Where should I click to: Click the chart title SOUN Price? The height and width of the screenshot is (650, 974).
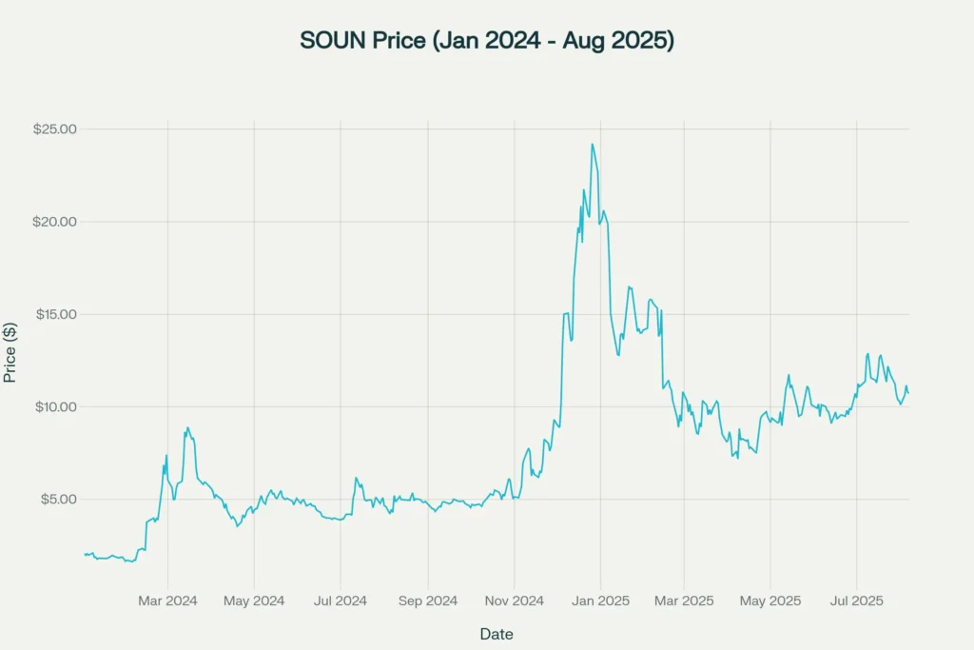coord(487,41)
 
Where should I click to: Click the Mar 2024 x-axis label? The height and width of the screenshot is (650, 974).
coord(168,601)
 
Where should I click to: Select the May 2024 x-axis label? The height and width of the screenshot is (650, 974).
coord(254,601)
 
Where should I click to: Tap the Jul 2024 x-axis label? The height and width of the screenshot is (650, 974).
coord(341,601)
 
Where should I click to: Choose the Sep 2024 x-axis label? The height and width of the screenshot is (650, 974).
coord(428,601)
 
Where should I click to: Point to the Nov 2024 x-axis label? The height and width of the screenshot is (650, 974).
coord(514,601)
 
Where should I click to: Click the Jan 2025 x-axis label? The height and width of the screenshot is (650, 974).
coord(600,601)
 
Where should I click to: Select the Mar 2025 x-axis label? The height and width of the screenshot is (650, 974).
coord(684,601)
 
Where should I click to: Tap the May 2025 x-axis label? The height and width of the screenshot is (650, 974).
coord(770,601)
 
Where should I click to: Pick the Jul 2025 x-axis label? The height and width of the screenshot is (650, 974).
coord(857,601)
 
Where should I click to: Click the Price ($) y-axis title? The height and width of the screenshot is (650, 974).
coord(10,351)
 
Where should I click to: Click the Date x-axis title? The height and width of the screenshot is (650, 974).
coord(497,634)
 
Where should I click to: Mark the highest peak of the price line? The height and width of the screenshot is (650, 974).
coord(592,145)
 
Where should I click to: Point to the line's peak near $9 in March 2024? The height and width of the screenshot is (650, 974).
coord(188,428)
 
